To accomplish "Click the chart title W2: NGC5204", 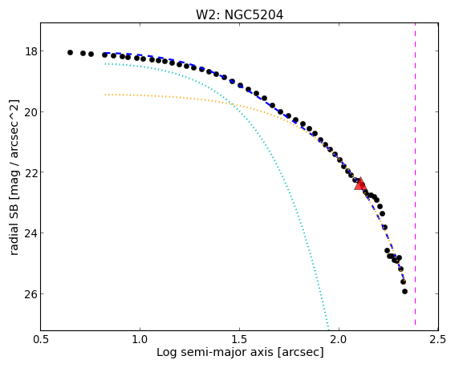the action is (239, 14).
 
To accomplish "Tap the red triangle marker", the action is (360, 184).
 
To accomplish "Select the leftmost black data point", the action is (70, 52).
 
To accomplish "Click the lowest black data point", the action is (404, 292).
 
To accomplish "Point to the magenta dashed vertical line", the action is (415, 174).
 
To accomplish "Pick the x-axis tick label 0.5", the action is (41, 340).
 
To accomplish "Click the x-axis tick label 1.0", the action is (140, 340).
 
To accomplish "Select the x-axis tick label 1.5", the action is (240, 340).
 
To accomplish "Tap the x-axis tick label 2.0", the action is (339, 340).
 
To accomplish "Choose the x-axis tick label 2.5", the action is (438, 340).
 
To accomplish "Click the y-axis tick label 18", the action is (31, 51).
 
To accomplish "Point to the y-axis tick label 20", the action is (31, 112).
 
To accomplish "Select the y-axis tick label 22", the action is (31, 172).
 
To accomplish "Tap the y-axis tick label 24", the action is (31, 233).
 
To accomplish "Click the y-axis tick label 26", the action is (31, 293).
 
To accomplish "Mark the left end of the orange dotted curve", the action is (105, 95).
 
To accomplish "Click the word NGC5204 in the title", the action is (254, 14).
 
